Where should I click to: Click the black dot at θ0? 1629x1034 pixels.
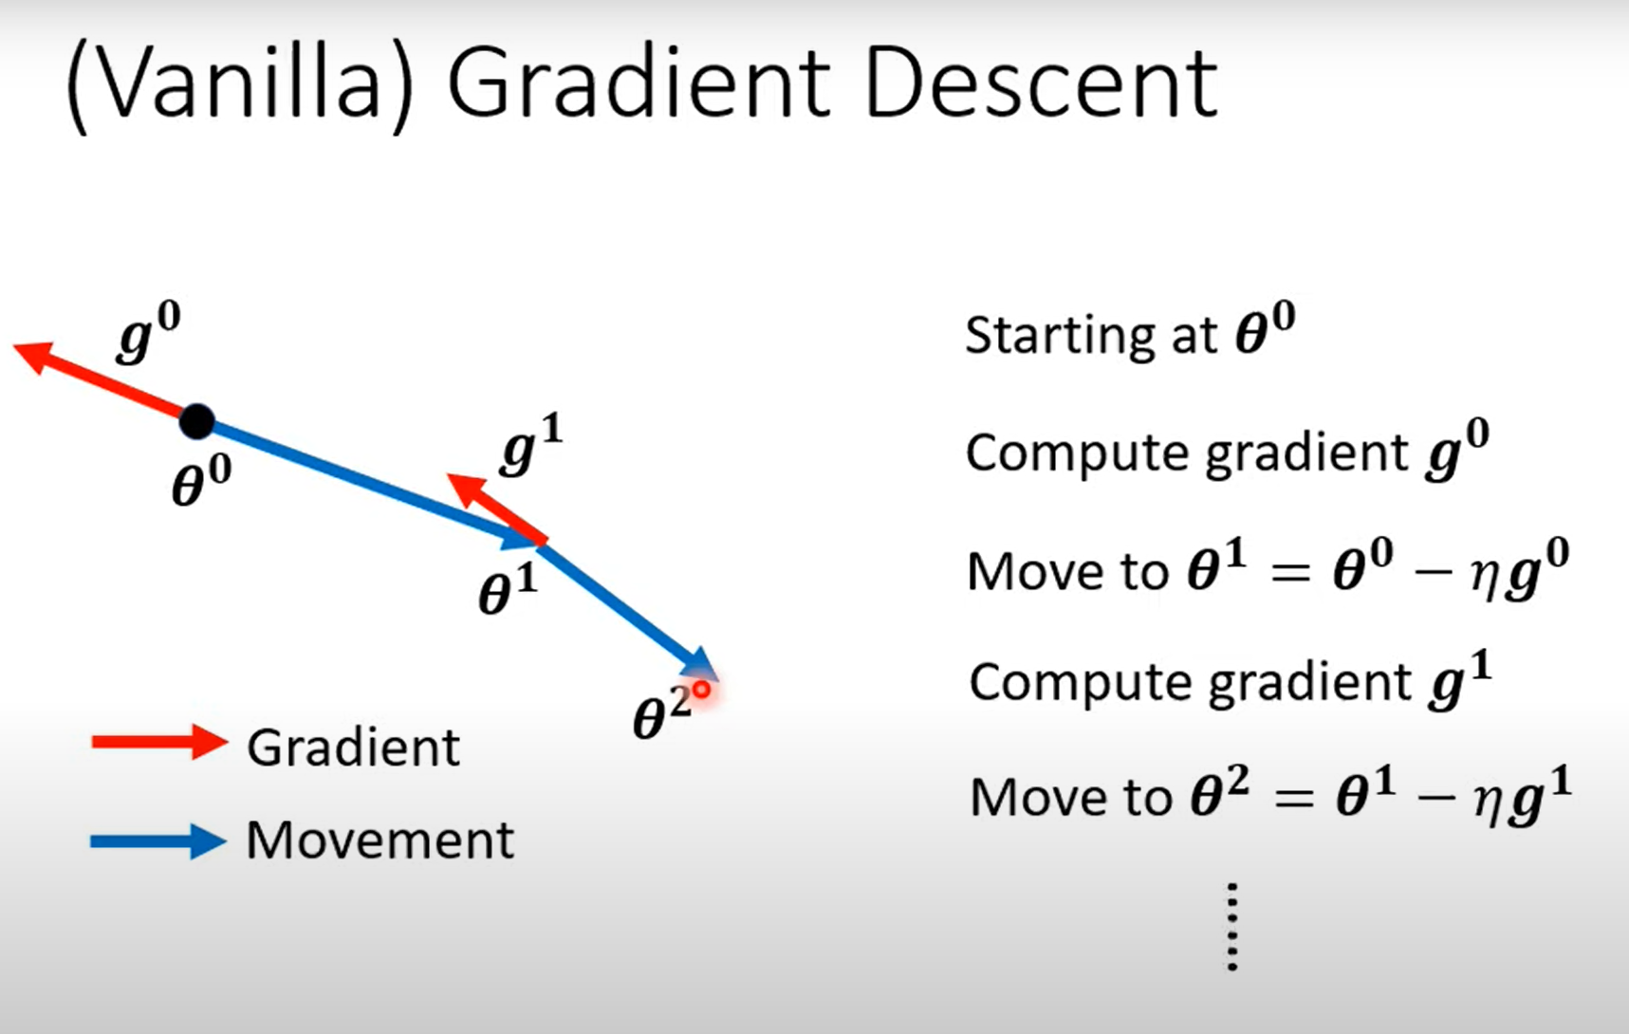point(197,420)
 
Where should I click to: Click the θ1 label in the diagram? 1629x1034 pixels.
point(508,590)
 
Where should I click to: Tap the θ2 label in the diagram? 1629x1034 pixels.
point(661,713)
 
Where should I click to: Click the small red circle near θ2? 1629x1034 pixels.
point(701,690)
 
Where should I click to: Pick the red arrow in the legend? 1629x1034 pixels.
point(158,742)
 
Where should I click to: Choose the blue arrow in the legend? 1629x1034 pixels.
point(157,840)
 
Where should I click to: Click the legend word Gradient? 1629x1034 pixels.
point(353,748)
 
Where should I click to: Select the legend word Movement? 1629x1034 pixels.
point(379,840)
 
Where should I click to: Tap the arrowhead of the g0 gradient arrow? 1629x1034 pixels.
point(33,355)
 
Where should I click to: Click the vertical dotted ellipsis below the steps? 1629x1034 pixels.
point(1231,927)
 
